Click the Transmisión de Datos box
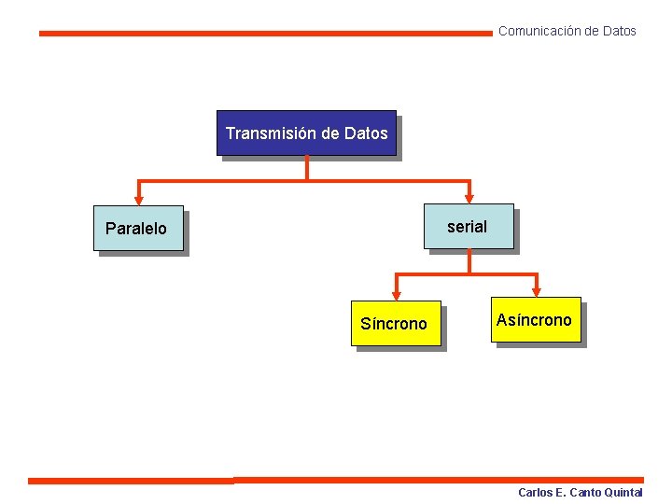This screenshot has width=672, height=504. [306, 133]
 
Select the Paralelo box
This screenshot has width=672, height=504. [137, 229]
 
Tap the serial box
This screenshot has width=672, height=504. [469, 227]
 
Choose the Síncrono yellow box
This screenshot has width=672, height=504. [396, 324]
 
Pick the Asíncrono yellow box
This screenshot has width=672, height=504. [538, 320]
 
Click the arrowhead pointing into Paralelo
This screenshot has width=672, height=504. [139, 199]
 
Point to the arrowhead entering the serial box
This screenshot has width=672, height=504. [469, 197]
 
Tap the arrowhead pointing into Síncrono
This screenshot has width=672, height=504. [396, 295]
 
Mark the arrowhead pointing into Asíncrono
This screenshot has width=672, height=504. [537, 291]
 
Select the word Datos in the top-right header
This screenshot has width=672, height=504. [619, 32]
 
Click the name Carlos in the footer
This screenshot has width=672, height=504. [536, 493]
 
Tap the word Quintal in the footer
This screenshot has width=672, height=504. [623, 493]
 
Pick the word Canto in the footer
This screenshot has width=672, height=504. [584, 493]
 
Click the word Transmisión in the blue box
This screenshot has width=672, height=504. [271, 133]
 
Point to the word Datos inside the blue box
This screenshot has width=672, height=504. [366, 133]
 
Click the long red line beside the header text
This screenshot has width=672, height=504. [265, 33]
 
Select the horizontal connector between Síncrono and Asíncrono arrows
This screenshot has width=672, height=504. [467, 274]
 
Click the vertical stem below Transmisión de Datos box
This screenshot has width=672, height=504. [306, 167]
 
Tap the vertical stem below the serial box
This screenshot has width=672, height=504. [469, 261]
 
